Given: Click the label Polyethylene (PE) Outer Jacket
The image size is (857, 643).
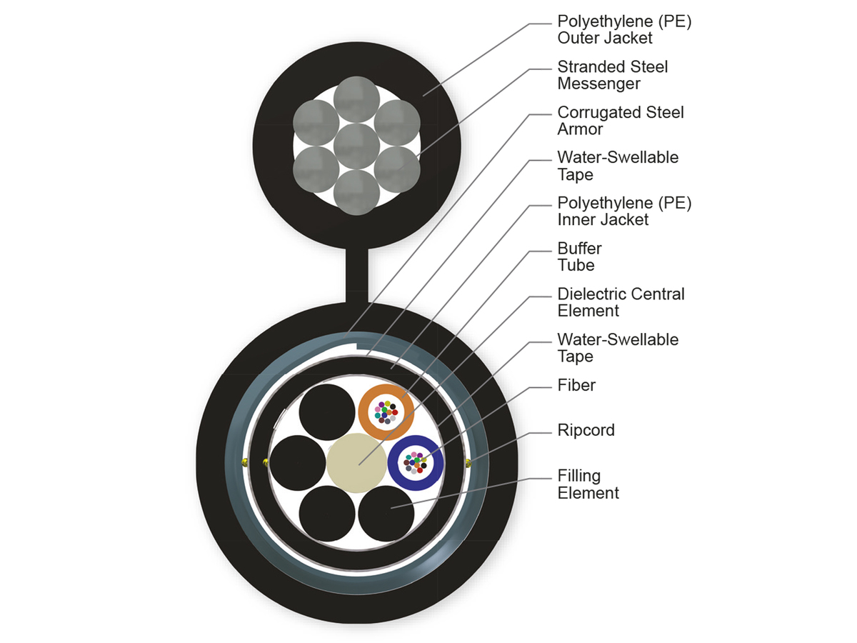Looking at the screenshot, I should point(624,29).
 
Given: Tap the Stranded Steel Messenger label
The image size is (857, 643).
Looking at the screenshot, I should point(612,75).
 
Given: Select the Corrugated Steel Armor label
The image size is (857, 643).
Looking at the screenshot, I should point(620,121).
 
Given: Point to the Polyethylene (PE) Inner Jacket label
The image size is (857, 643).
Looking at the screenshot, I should point(624,211).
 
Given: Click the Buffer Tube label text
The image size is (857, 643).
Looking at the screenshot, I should point(579,256).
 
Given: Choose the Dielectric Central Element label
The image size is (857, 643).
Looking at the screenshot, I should point(621,302).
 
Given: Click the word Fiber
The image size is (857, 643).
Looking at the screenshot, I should point(576,386).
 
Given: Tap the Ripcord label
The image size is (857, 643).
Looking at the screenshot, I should point(586,431).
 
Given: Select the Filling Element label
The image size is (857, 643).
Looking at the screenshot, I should point(588,484).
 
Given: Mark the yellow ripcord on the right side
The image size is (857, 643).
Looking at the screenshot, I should point(468,463).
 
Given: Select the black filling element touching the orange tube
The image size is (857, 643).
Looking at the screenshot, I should point(327,413).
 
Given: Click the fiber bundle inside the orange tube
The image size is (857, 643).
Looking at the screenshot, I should point(386,412).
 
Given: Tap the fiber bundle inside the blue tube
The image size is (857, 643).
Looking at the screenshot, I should point(416,462).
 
